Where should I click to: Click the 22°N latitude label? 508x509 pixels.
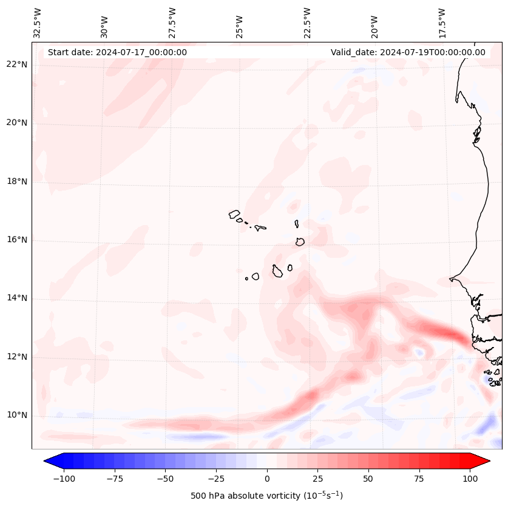tap(17, 65)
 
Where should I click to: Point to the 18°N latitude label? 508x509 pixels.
tap(17, 181)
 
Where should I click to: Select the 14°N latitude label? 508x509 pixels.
tap(17, 298)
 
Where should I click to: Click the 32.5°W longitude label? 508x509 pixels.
tap(38, 23)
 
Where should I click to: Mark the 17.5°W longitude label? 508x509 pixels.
tap(442, 23)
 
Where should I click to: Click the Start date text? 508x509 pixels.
tap(117, 52)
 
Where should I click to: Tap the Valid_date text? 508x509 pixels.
tap(408, 52)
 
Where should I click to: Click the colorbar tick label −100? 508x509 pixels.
tap(64, 479)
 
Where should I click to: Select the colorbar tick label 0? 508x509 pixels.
tap(266, 479)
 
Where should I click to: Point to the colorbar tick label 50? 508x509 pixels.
tap(368, 479)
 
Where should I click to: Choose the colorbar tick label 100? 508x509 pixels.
tap(469, 479)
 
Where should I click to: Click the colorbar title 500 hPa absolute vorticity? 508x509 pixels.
tap(266, 496)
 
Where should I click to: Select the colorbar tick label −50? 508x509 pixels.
tap(165, 479)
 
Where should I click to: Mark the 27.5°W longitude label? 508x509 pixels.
tap(172, 23)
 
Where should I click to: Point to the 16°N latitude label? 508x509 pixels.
tap(17, 240)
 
